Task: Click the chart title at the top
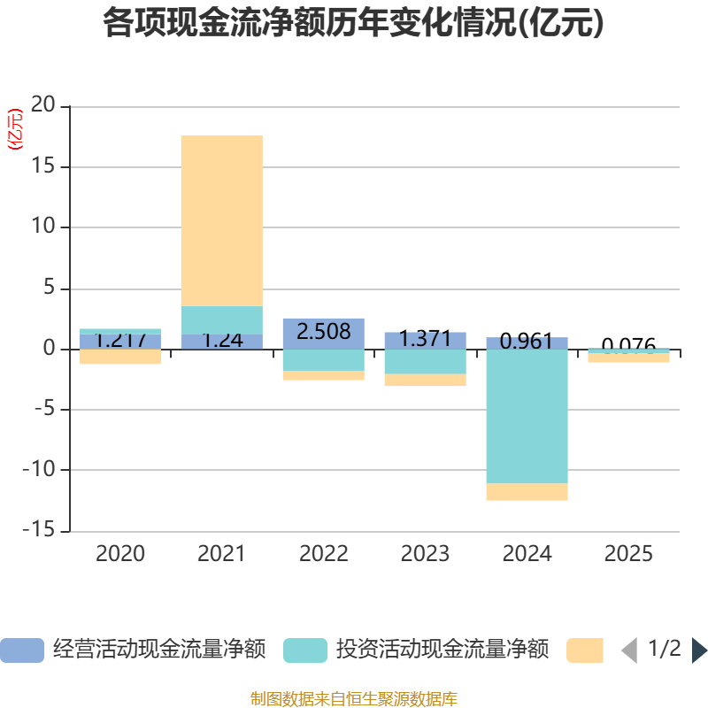coord(353,23)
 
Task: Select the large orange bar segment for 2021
coord(221,220)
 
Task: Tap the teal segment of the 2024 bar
coord(527,416)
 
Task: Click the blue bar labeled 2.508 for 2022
coord(323,332)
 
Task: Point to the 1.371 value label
coord(425,339)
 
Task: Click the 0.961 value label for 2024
coord(527,342)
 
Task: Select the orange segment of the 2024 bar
coord(527,492)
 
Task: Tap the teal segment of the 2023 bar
coord(425,362)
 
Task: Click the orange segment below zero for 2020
coord(119,357)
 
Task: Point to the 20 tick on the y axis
coord(43,105)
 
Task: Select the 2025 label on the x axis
coord(628,555)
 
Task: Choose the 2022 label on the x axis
coord(323,555)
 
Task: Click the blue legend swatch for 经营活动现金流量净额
coord(21,650)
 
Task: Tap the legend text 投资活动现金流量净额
coord(442,650)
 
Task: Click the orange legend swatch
coord(584,650)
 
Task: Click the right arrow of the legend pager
coord(699,650)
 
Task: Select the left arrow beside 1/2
coord(628,650)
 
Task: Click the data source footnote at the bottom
coord(353,699)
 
